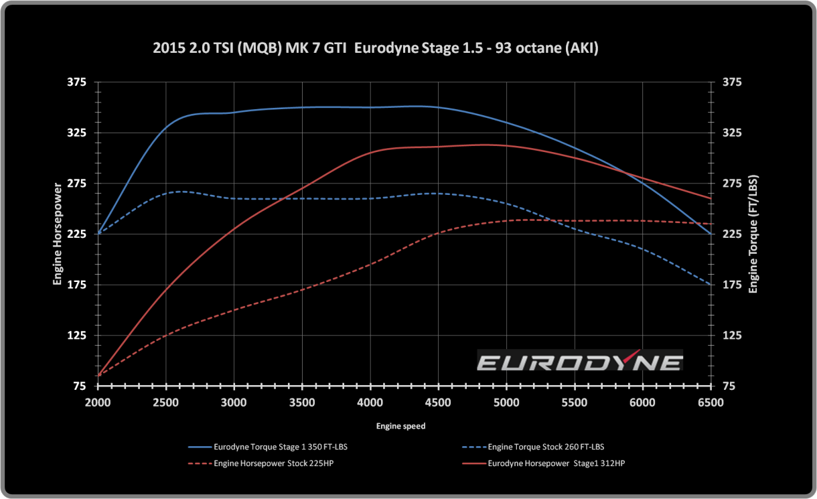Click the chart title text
(x=376, y=49)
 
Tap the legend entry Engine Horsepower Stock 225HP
(x=273, y=464)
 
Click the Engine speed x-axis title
(x=400, y=426)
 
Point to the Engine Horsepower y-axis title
(x=58, y=234)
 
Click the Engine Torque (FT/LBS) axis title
(x=753, y=234)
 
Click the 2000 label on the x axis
(x=98, y=402)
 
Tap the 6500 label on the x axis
(x=711, y=402)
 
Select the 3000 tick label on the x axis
(x=234, y=402)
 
